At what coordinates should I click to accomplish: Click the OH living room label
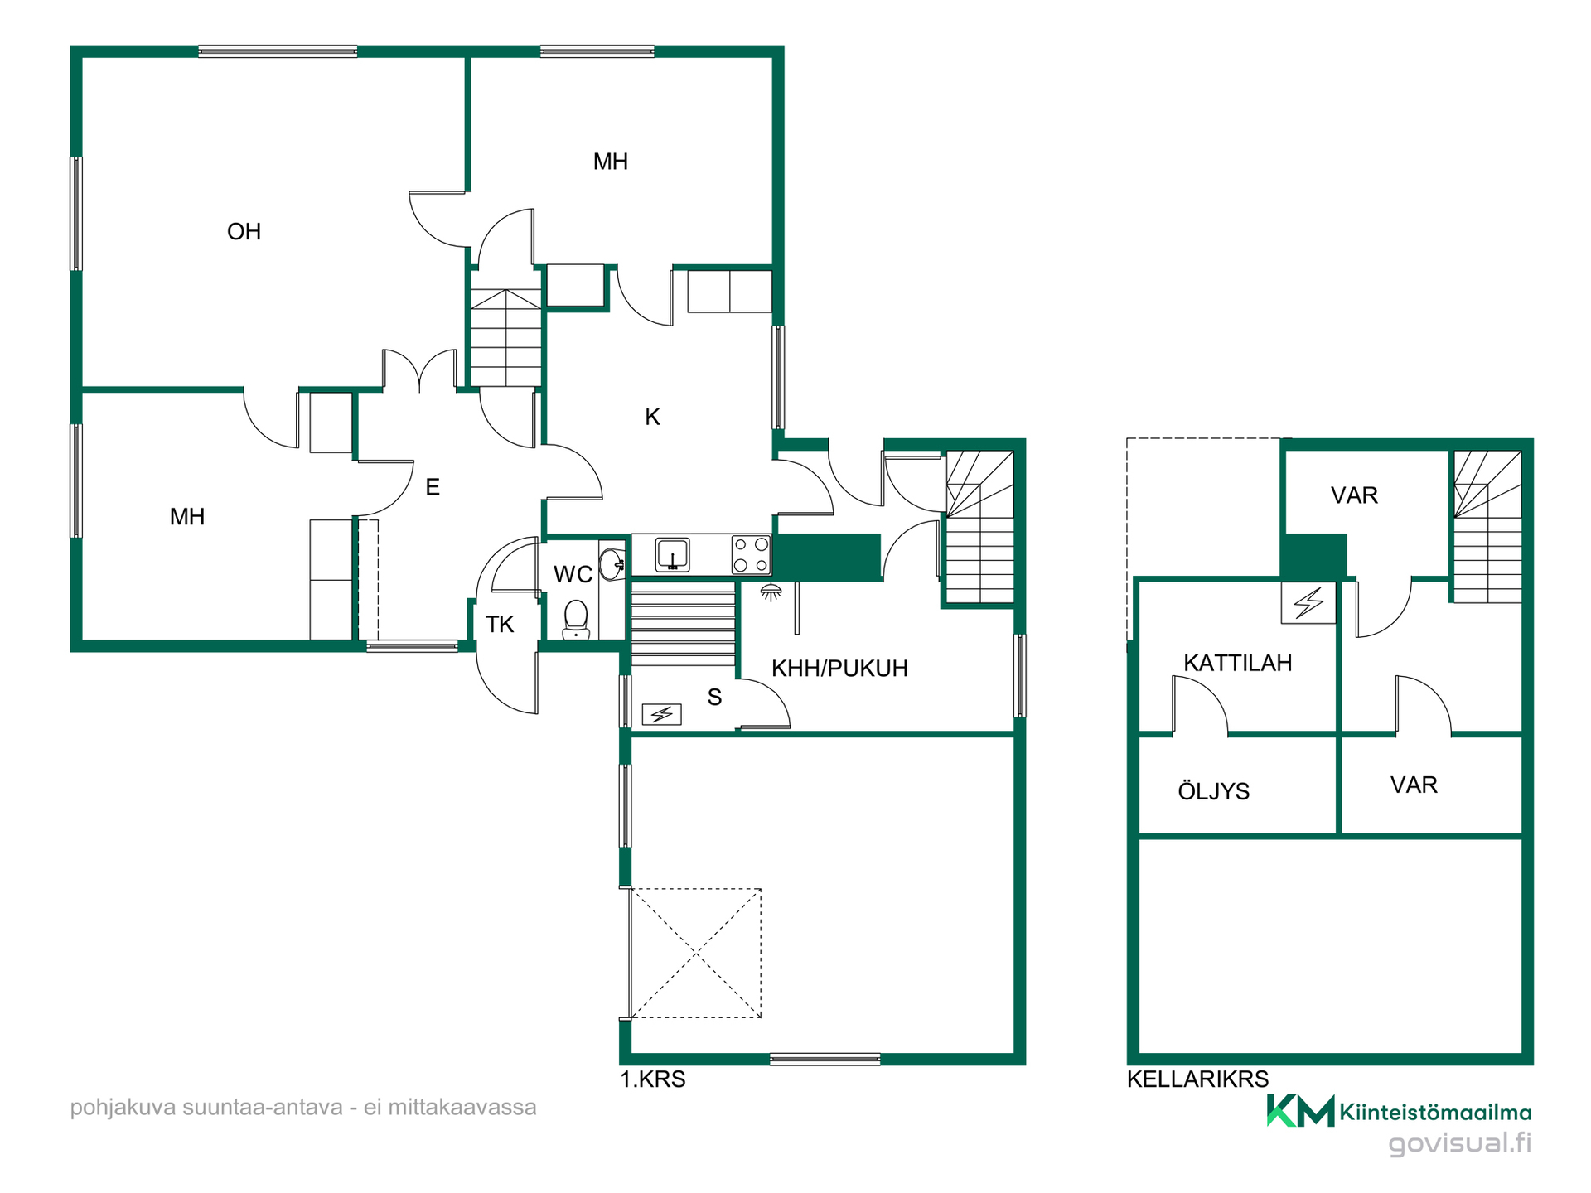click(244, 231)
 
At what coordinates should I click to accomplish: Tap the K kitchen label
click(652, 417)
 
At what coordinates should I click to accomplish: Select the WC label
click(573, 574)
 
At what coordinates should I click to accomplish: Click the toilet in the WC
click(576, 620)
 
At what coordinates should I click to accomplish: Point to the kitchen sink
click(673, 554)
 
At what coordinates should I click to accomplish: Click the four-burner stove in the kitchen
click(751, 554)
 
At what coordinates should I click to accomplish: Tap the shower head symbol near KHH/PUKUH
click(771, 592)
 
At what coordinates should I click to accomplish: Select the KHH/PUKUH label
click(839, 669)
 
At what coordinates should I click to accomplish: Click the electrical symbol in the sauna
click(661, 713)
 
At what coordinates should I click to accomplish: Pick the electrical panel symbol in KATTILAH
click(1308, 602)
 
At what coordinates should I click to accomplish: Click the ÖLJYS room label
click(1213, 790)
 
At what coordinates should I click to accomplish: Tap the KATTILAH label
click(1237, 663)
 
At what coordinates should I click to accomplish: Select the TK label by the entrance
click(500, 625)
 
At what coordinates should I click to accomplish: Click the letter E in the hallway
click(433, 487)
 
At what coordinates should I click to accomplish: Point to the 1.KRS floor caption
click(653, 1079)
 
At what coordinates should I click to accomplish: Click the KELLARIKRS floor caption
click(1197, 1079)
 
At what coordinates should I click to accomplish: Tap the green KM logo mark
click(1300, 1111)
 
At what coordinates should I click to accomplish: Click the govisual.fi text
click(1460, 1144)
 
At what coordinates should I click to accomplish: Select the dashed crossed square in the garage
click(696, 953)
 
